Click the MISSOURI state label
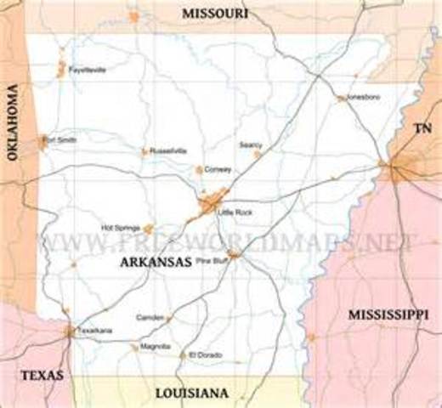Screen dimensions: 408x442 click(x=215, y=14)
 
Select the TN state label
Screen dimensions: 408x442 click(x=422, y=128)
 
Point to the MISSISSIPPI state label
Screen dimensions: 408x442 click(x=388, y=314)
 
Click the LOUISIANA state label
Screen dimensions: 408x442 click(x=191, y=393)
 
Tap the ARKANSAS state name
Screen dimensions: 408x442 click(x=155, y=263)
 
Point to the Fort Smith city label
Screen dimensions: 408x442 click(x=59, y=139)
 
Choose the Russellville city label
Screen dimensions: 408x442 click(x=167, y=150)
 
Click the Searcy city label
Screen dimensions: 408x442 click(x=251, y=145)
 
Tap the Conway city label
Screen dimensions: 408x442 click(x=218, y=169)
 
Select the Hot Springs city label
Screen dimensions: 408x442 click(x=121, y=228)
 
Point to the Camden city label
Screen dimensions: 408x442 click(x=150, y=317)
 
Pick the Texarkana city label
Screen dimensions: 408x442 click(x=94, y=330)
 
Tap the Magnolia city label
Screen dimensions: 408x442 click(x=156, y=347)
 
